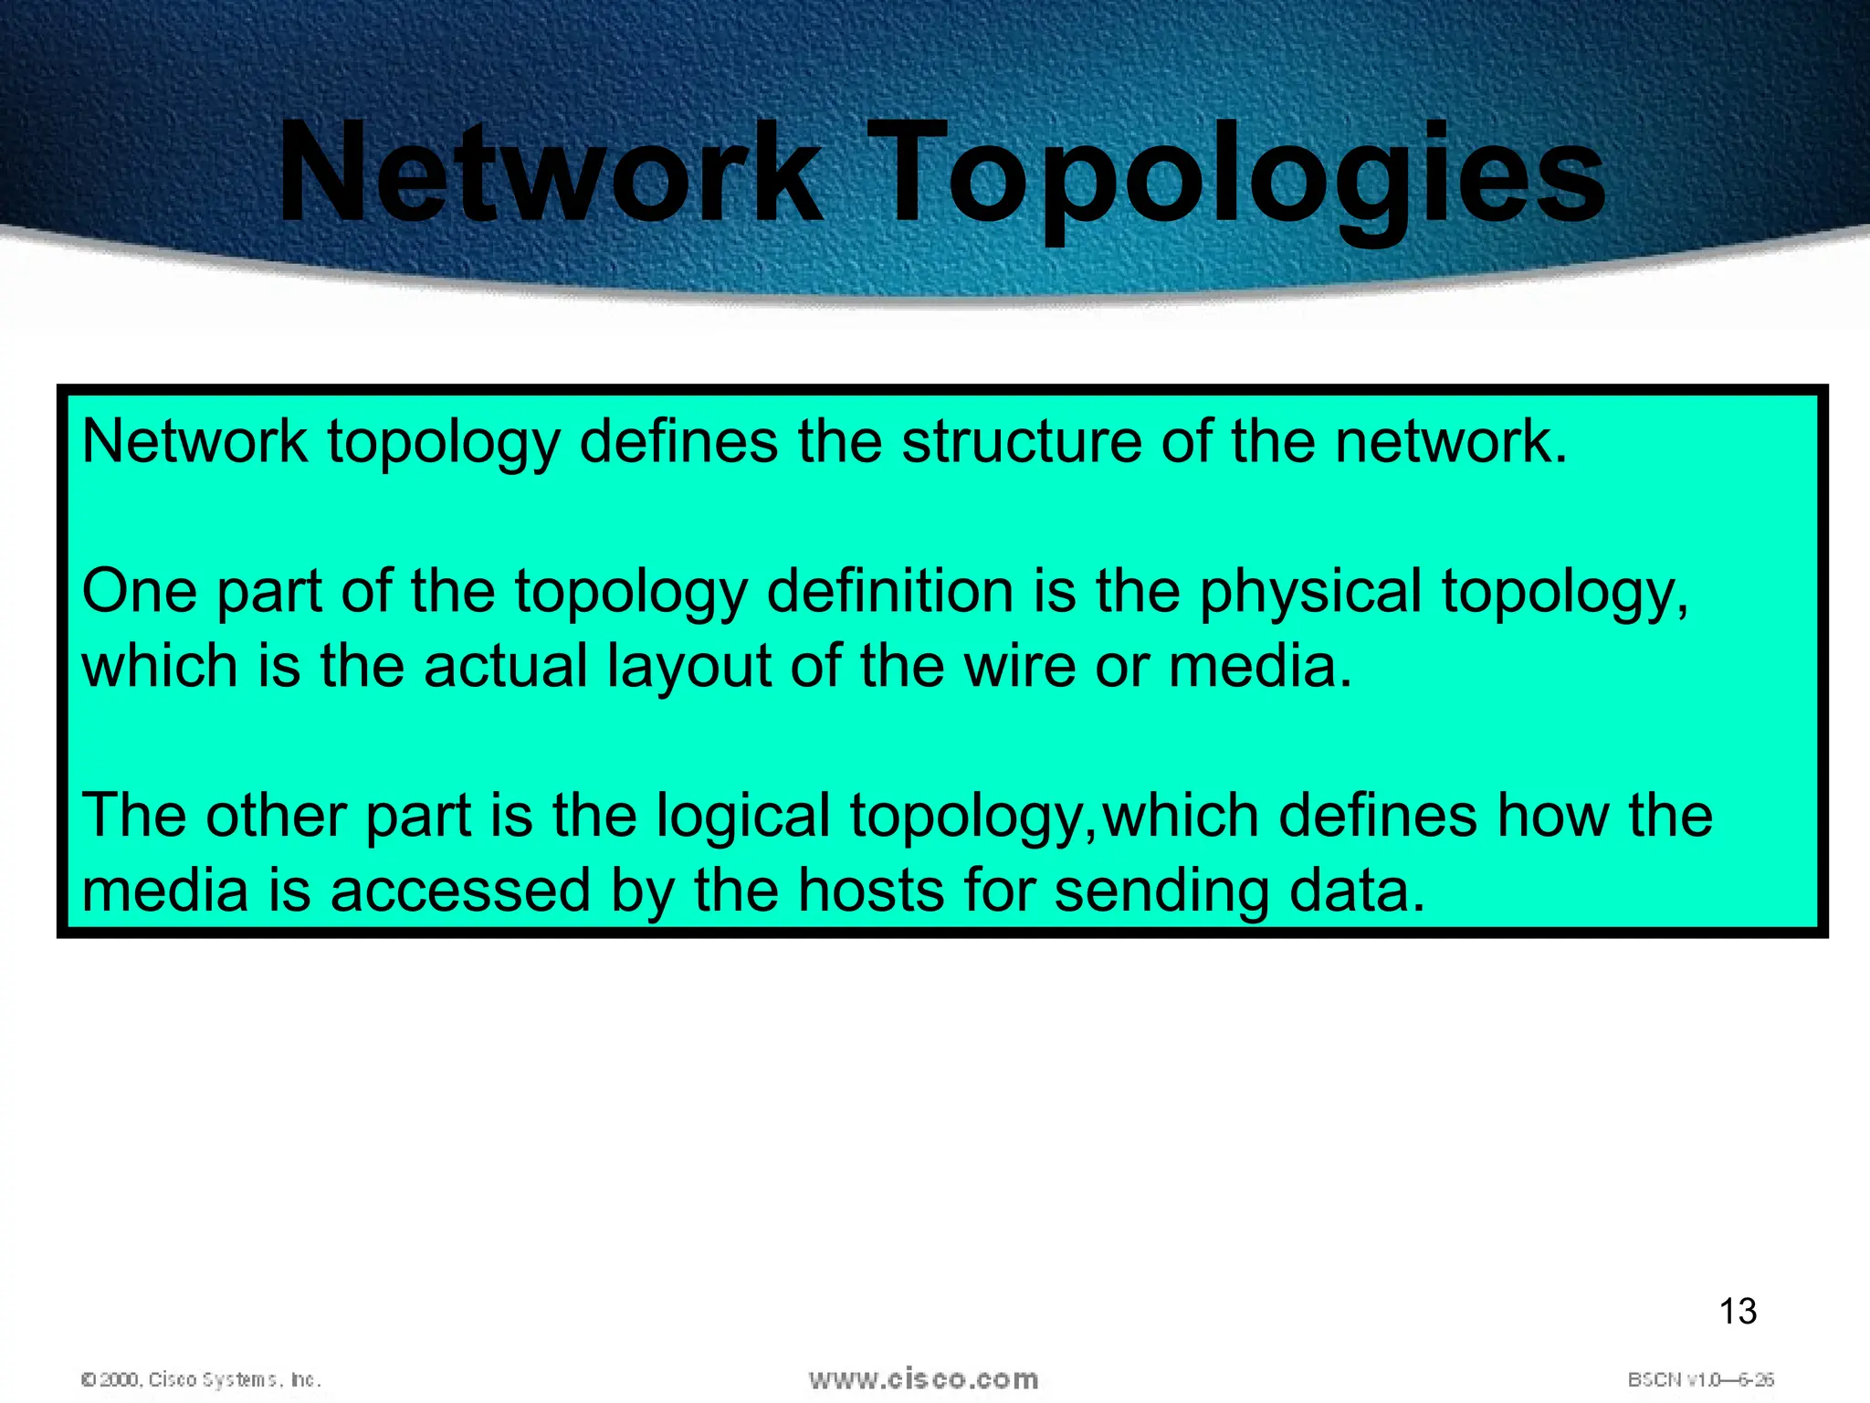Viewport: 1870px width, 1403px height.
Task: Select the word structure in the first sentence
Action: (1022, 441)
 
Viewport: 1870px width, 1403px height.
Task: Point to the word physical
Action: (1310, 591)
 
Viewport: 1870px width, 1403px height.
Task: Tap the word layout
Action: (688, 667)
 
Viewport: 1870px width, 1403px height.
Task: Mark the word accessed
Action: (460, 891)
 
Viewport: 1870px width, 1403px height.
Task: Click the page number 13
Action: (1738, 1312)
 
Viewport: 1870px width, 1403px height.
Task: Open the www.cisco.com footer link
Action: (923, 1379)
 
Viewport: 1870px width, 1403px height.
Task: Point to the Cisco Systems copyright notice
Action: (201, 1379)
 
